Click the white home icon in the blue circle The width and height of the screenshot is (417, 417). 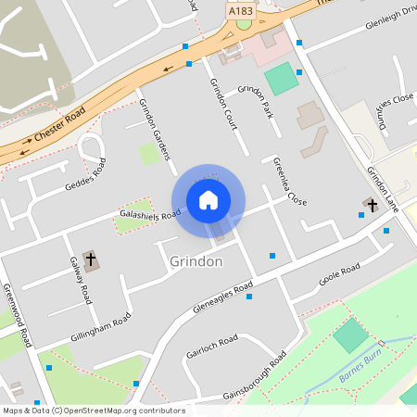208,200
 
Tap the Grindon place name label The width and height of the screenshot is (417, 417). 196,262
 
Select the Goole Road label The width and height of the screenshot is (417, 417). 338,274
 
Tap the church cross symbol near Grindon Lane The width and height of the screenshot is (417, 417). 373,204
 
